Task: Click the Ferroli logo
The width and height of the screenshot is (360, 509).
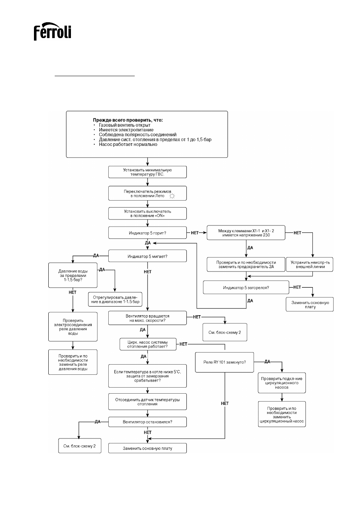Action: click(x=52, y=31)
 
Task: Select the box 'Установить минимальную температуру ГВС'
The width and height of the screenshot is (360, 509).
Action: click(x=148, y=172)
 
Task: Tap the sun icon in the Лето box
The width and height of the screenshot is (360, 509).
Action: click(x=172, y=196)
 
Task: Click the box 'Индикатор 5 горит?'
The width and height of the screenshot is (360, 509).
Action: click(x=148, y=233)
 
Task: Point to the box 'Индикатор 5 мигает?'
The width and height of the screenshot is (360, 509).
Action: click(x=148, y=256)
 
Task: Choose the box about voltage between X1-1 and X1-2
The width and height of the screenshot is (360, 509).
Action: click(x=246, y=233)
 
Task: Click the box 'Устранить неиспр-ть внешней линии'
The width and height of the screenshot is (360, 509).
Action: click(x=309, y=264)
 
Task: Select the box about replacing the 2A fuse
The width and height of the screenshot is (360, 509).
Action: click(x=246, y=264)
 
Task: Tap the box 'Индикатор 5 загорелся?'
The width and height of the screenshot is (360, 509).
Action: click(x=246, y=287)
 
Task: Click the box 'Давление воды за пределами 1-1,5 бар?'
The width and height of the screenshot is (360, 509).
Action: click(x=73, y=275)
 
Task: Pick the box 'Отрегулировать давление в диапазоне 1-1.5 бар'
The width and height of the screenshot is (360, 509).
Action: click(x=115, y=299)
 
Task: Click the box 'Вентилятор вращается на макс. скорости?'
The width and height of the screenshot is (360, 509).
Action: click(x=148, y=318)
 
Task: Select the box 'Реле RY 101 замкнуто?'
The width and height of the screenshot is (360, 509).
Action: click(x=225, y=362)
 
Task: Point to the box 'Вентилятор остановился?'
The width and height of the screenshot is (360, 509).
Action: click(x=148, y=422)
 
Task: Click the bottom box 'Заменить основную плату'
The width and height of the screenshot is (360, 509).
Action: click(x=148, y=448)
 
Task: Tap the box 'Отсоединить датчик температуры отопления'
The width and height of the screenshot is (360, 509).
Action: click(x=148, y=402)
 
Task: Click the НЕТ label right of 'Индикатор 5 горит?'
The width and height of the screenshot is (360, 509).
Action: click(x=195, y=233)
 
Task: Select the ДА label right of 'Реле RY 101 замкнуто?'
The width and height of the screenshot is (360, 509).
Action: click(x=267, y=362)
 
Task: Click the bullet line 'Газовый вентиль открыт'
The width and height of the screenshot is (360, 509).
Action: click(x=125, y=125)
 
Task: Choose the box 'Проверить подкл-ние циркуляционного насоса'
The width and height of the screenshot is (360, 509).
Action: click(x=282, y=383)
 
